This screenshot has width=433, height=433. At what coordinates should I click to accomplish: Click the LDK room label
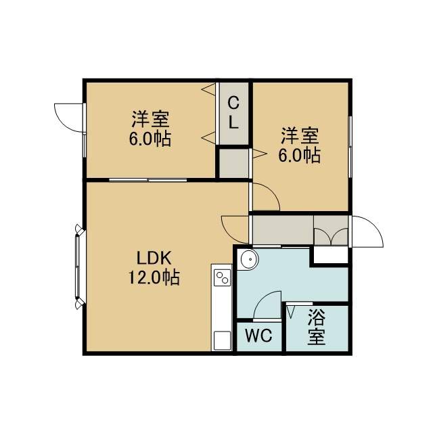pos(154,258)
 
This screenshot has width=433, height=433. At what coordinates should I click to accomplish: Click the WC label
pos(258,336)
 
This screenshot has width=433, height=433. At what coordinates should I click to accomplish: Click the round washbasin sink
pos(250,260)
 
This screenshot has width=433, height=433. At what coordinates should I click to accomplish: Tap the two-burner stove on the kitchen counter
pos(223,277)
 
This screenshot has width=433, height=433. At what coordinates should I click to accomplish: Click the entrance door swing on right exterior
pos(367,231)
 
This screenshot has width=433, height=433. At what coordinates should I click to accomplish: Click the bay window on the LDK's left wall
pos(79,266)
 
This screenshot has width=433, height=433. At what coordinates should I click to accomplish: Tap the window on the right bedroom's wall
pos(350,147)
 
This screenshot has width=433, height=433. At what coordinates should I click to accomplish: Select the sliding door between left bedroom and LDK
pos(148,180)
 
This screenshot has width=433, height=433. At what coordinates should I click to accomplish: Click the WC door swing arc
pos(267,305)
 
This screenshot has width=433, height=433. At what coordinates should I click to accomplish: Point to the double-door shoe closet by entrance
pos(331,230)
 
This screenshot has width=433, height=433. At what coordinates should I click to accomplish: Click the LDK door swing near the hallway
pos(235,229)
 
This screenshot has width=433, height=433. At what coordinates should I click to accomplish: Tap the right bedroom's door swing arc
pos(267,197)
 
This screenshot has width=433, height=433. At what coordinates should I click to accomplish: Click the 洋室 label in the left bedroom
pos(150,119)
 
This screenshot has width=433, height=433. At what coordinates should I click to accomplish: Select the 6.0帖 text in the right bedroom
pos(299,156)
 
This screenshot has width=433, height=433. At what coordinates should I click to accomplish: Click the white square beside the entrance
pos(331,255)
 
